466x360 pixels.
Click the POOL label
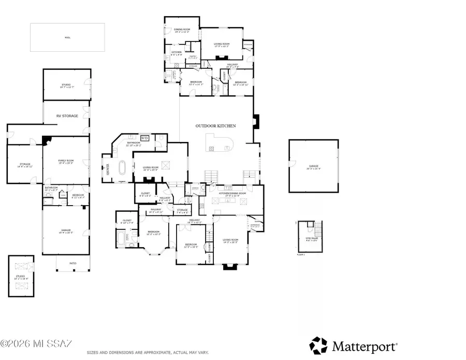67,37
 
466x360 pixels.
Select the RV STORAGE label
67,116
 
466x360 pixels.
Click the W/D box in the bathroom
145,138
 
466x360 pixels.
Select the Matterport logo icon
318,345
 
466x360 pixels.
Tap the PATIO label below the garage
72,264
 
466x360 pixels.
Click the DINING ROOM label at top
182,30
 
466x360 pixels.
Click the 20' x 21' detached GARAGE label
313,167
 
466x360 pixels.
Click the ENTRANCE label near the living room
255,225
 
